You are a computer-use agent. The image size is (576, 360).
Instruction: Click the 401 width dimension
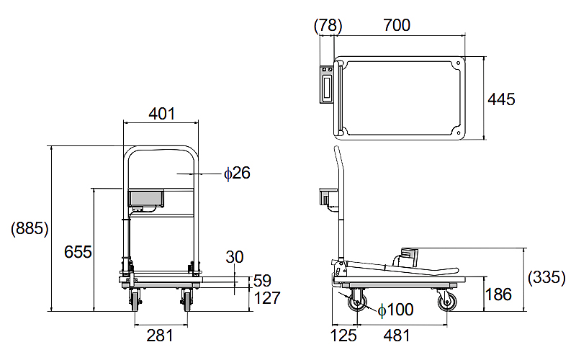(161, 114)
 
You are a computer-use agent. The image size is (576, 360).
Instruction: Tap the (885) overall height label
(30, 228)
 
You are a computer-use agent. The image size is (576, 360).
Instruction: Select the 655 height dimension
(78, 252)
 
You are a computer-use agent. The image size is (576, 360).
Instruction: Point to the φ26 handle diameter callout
(237, 173)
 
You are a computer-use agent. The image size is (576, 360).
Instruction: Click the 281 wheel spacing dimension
(160, 336)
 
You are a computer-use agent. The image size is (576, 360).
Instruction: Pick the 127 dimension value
(267, 298)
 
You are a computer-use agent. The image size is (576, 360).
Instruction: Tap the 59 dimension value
(262, 281)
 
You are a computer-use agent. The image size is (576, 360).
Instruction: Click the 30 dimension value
(235, 257)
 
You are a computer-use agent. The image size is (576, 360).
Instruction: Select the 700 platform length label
(397, 25)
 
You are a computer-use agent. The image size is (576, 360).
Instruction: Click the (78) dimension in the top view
(328, 25)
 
